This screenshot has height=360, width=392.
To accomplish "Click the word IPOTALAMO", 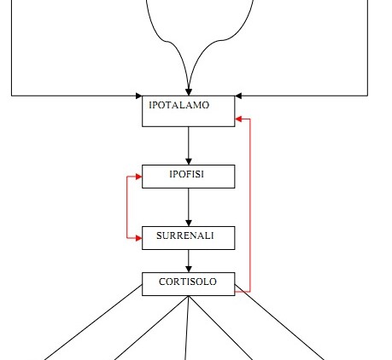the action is pyautogui.click(x=179, y=105).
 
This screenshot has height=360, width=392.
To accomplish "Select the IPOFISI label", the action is pyautogui.click(x=187, y=174).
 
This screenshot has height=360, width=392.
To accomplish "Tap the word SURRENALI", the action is pyautogui.click(x=185, y=235).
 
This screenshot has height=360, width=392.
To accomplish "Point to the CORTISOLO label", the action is pyautogui.click(x=188, y=282).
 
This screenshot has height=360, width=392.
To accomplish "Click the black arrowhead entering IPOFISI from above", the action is pyautogui.click(x=189, y=161).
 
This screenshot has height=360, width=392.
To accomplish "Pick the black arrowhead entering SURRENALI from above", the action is pyautogui.click(x=189, y=223).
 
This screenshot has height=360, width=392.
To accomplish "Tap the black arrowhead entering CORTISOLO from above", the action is pyautogui.click(x=189, y=269).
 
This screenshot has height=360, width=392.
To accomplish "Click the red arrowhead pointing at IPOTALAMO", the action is pyautogui.click(x=238, y=119).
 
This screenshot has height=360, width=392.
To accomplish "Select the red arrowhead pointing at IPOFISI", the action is pyautogui.click(x=138, y=177).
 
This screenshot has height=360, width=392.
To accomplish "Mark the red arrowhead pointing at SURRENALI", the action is pyautogui.click(x=138, y=238).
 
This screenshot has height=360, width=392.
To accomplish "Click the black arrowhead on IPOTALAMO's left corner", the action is pyautogui.click(x=139, y=96).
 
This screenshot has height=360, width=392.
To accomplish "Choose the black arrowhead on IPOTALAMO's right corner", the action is pyautogui.click(x=238, y=96).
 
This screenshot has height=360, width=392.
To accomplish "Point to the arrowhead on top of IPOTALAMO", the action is pyautogui.click(x=189, y=92).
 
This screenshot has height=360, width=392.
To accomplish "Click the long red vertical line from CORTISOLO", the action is pyautogui.click(x=250, y=206).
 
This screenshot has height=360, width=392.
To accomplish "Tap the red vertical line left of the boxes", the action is pyautogui.click(x=127, y=207).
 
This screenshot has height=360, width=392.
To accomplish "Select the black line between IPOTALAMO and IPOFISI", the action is pyautogui.click(x=189, y=142).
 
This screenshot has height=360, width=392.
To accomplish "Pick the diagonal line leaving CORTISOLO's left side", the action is pyautogui.click(x=93, y=322).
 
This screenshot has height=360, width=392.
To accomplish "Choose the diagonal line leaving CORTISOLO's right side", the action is pyautogui.click(x=279, y=322).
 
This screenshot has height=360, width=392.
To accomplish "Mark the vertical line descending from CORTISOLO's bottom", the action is pyautogui.click(x=187, y=328).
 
